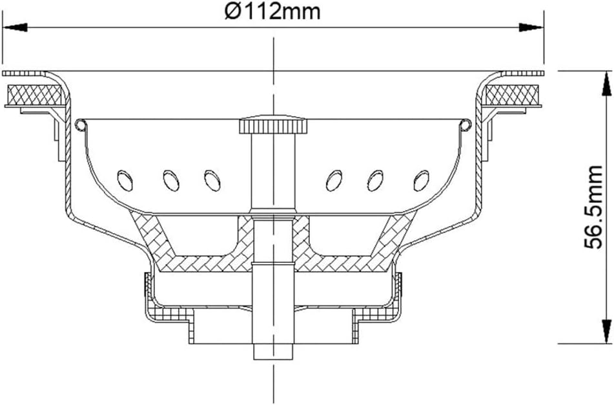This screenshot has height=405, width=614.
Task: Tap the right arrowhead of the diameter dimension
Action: click(533, 27)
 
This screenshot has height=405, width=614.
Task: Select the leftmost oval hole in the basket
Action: click(123, 179)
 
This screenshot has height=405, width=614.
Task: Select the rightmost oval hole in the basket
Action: click(422, 179)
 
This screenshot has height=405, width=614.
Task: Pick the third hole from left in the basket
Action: click(210, 180)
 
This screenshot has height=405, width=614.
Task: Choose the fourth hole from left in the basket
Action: click(334, 180)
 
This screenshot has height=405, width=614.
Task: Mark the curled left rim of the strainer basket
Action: click(79, 124)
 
